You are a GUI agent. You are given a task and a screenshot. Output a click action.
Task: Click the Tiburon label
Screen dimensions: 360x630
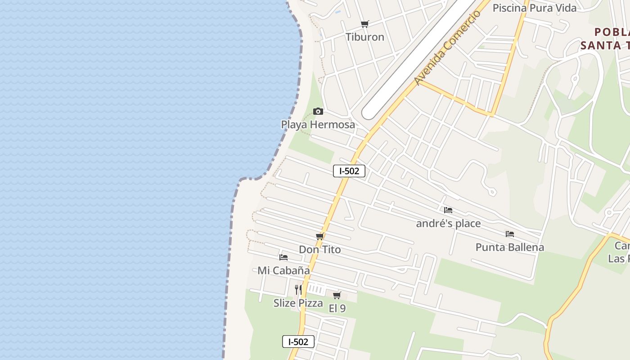tap(364, 37)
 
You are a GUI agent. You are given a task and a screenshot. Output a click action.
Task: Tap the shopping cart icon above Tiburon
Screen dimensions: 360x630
tap(364, 24)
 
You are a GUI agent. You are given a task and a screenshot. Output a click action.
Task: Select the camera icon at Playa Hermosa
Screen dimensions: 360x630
tap(318, 111)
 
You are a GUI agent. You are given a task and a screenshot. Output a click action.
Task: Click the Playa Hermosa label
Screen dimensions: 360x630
tap(318, 125)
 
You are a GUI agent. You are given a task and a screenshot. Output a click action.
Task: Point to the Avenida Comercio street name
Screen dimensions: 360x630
tap(447, 48)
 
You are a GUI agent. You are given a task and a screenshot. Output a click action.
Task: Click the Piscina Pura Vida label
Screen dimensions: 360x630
tap(534, 8)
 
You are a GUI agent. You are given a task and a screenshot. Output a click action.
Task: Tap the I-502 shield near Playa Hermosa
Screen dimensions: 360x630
tap(349, 171)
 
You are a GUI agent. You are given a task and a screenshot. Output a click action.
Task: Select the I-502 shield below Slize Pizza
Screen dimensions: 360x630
tap(298, 342)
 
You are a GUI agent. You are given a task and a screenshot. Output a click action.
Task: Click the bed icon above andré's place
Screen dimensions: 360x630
tap(448, 210)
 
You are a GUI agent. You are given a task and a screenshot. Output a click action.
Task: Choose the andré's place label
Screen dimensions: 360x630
tap(448, 223)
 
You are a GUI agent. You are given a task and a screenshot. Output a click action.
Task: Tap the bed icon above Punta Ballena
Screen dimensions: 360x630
tap(510, 234)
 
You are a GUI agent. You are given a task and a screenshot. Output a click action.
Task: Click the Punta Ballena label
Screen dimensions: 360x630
tap(510, 247)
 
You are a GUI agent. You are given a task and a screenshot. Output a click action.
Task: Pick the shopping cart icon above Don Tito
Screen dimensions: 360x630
tap(319, 236)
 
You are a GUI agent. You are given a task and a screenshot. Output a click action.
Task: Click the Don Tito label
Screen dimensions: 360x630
tap(319, 249)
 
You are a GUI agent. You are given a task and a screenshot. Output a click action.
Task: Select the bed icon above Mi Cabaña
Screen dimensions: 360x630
tap(283, 257)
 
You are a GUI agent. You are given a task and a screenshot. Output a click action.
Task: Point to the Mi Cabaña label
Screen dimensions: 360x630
tap(283, 270)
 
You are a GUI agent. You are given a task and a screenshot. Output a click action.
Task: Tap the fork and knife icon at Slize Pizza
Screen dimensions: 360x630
tap(298, 289)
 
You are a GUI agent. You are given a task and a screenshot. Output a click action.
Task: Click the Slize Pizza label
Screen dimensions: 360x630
tap(298, 303)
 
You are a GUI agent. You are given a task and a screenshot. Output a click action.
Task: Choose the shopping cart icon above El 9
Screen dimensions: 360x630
tap(337, 295)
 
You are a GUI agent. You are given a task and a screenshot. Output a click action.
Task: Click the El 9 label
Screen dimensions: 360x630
tap(337, 308)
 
